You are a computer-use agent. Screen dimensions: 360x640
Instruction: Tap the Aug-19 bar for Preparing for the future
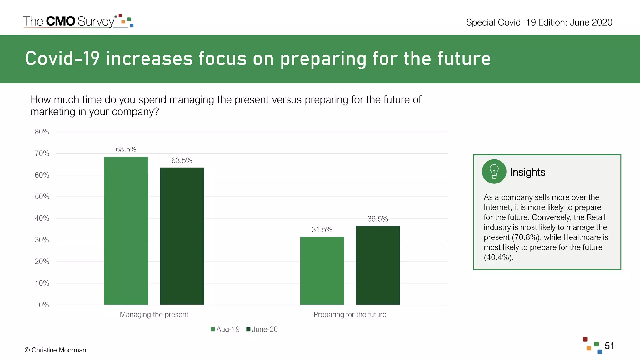tap(322, 271)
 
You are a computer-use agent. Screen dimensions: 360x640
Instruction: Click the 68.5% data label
tap(126, 149)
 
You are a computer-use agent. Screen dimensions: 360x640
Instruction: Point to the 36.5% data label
tap(377, 219)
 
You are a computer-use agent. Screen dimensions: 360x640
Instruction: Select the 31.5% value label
tap(322, 230)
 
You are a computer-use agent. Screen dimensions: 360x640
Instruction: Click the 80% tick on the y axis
tap(42, 132)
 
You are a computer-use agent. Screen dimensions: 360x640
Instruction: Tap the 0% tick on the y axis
tap(44, 305)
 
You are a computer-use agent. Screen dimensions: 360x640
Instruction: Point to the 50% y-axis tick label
tap(42, 197)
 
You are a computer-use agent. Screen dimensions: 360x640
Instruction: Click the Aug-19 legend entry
tap(225, 329)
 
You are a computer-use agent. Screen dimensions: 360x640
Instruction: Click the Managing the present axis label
tap(154, 315)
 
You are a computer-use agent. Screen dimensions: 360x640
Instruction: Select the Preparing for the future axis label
tap(350, 315)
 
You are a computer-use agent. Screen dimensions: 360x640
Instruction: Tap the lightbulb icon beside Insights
tap(494, 172)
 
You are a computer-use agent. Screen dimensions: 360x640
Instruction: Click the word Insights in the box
tap(527, 172)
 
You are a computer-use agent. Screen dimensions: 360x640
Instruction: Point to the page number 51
tap(609, 346)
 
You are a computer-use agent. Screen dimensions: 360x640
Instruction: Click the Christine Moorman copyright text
tap(55, 350)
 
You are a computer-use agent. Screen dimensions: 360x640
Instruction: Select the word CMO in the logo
tap(61, 21)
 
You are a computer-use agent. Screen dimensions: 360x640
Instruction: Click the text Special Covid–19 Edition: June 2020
tap(539, 22)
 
